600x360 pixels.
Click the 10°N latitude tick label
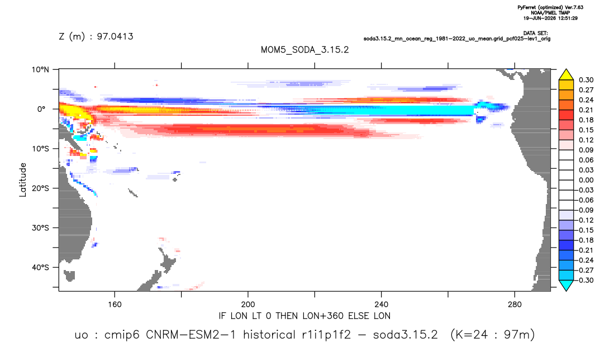click(40, 70)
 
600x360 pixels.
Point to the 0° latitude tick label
click(41, 109)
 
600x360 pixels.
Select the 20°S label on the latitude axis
click(40, 188)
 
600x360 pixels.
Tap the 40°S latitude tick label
click(40, 267)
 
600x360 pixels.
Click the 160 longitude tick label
click(115, 305)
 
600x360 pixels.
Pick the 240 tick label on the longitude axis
click(382, 305)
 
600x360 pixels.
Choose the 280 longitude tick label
click(515, 305)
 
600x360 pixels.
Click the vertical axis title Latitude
click(23, 180)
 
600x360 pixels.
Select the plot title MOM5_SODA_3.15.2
click(305, 50)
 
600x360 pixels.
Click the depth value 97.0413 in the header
click(115, 36)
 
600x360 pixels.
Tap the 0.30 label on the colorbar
click(586, 80)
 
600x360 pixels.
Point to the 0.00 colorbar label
click(586, 180)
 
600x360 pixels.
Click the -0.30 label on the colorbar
click(585, 280)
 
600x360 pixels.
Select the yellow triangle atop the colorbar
click(566, 75)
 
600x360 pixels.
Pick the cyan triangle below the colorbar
click(566, 285)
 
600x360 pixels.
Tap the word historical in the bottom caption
click(270, 335)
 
